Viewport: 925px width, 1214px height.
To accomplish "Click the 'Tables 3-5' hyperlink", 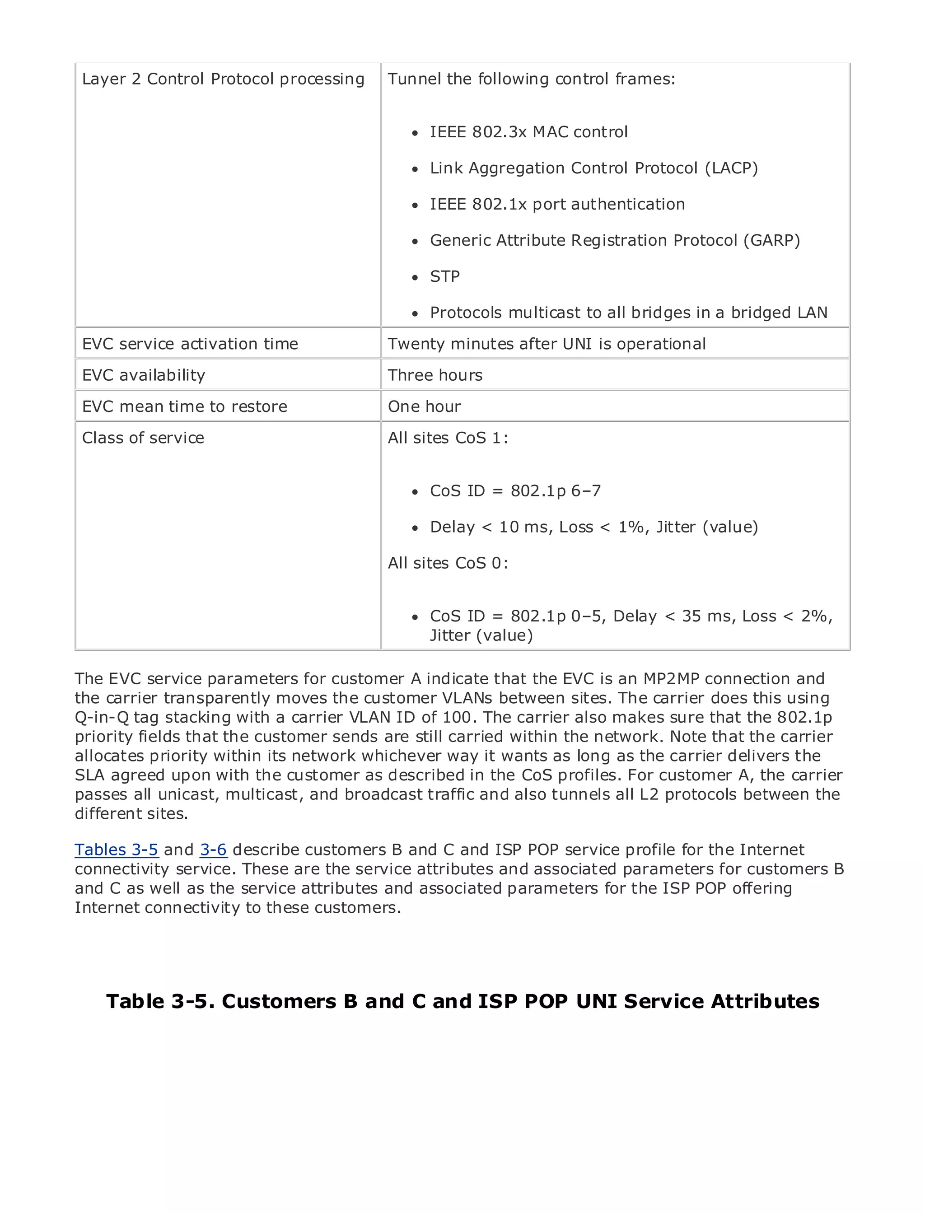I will tap(116, 850).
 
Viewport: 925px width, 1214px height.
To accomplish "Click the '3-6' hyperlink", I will tap(213, 850).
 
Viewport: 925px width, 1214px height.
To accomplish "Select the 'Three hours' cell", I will tap(435, 375).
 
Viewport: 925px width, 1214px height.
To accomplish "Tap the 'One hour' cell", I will tap(424, 406).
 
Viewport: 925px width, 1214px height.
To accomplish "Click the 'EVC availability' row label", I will tap(144, 375).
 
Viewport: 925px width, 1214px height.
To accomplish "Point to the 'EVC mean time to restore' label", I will tap(184, 406).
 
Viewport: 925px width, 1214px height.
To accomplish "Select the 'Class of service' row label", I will tap(143, 438).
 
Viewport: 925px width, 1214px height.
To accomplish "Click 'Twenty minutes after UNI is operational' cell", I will tap(546, 344).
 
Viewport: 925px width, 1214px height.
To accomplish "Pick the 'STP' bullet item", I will tap(444, 276).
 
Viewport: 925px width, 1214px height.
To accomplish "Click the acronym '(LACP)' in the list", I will tap(731, 168).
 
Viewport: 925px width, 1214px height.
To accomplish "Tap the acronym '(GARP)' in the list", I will tap(771, 240).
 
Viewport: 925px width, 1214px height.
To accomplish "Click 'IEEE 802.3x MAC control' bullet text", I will tap(528, 132).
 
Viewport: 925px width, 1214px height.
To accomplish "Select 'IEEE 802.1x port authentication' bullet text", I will tap(557, 204).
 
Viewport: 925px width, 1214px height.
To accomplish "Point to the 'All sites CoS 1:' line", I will tap(448, 438).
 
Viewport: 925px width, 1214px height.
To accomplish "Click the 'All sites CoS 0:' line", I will tap(448, 563).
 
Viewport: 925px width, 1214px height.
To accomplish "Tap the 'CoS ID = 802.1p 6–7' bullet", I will tap(515, 490).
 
